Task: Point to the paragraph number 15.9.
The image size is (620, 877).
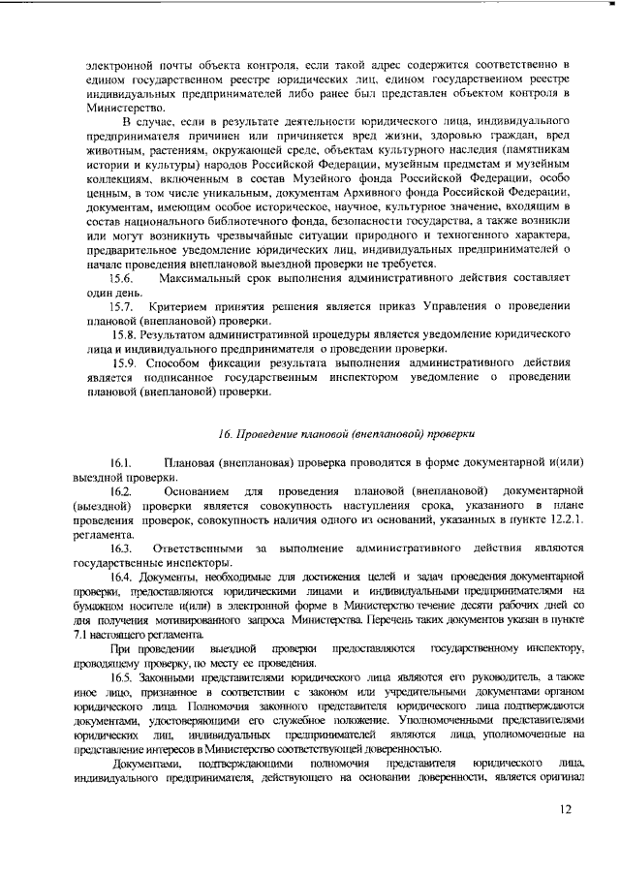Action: coord(127,362)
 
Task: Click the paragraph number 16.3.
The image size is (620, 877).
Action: coord(122,548)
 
